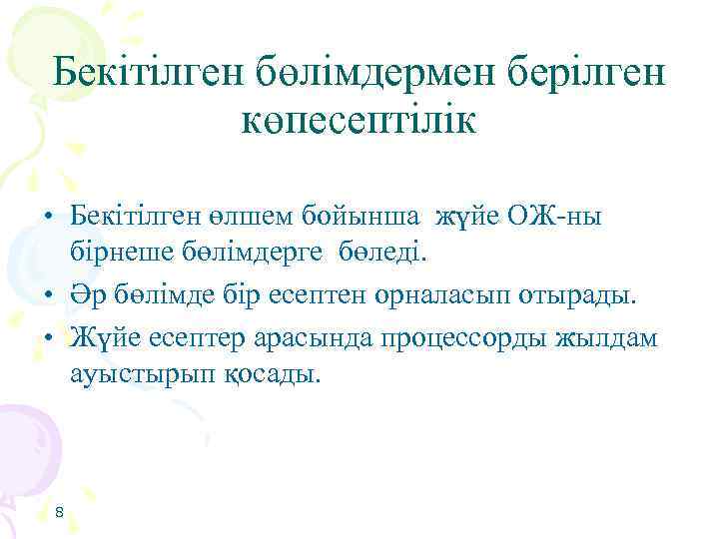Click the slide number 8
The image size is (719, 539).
pos(59,512)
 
